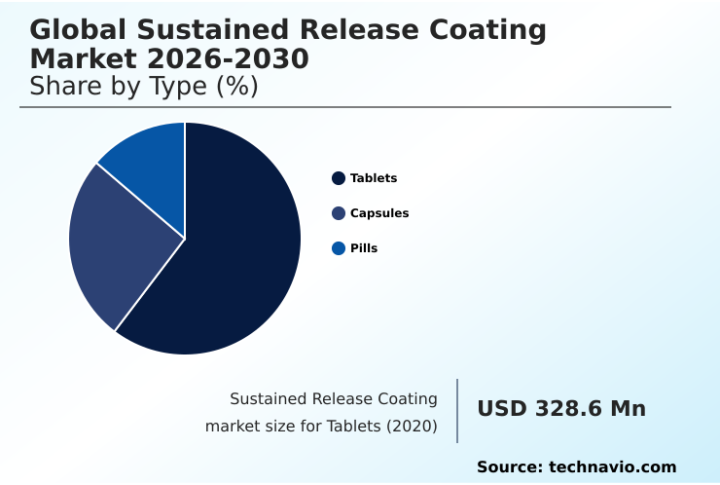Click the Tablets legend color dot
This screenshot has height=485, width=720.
coord(339,178)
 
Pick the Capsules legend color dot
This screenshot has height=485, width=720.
coord(339,213)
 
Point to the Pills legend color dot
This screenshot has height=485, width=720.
coord(339,248)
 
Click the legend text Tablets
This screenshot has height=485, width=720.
coord(374,178)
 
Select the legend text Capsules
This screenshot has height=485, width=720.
coord(379,213)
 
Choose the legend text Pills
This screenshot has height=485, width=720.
coord(364,248)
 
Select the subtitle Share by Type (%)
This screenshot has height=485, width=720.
coord(144,87)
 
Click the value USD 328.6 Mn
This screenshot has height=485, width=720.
coord(561,409)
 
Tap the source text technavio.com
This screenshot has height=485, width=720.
coord(612,467)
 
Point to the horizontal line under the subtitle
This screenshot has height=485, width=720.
coord(345,107)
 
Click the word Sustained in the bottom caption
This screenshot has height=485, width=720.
coord(269,399)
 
